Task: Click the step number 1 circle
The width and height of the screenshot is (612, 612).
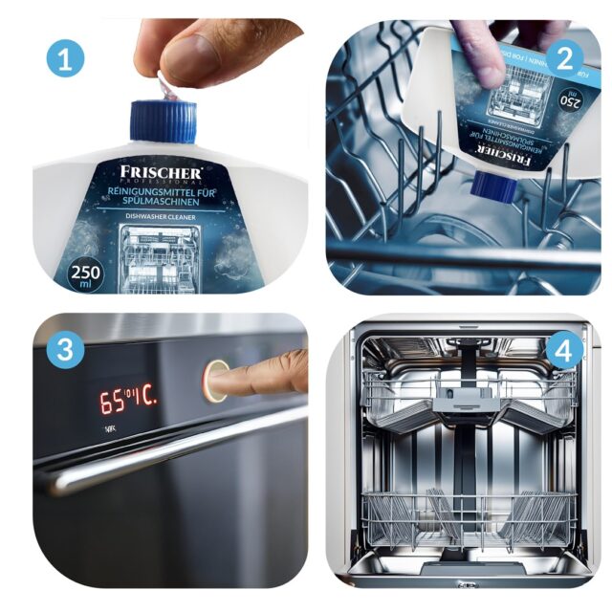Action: (65, 59)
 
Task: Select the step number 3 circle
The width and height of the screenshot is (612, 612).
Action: (65, 351)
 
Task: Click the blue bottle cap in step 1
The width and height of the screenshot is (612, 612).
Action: (163, 121)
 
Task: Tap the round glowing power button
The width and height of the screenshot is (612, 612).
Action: (214, 380)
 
